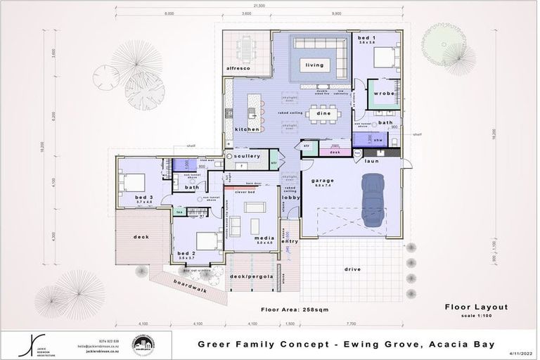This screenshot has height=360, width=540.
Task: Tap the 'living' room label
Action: [x=314, y=65]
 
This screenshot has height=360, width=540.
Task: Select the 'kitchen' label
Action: [x=247, y=129]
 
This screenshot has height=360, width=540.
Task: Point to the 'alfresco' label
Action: [x=238, y=68]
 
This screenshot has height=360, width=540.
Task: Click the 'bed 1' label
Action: [x=366, y=37]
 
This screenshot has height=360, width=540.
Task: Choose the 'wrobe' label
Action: [x=384, y=93]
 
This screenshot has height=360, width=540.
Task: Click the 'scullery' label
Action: [x=248, y=156]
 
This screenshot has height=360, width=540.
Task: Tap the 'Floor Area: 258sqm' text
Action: [x=295, y=309]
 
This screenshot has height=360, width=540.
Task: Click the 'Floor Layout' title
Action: [x=476, y=307]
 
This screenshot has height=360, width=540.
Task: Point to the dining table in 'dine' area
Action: [x=324, y=112]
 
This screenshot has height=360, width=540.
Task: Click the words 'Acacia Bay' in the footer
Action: [x=465, y=345]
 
